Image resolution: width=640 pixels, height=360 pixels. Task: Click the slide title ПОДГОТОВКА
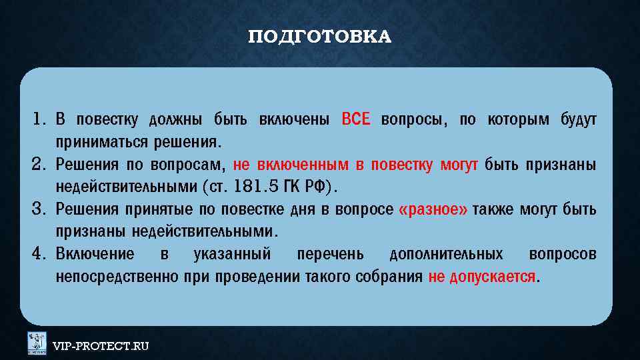click(319, 37)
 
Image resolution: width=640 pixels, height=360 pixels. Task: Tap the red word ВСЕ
click(355, 120)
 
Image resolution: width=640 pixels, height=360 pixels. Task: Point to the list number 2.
click(37, 165)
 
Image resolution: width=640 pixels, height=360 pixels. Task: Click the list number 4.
click(37, 255)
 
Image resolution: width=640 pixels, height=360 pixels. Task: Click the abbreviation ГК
click(290, 187)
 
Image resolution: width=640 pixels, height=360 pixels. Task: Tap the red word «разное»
click(433, 210)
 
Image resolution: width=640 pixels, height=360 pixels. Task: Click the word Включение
click(95, 255)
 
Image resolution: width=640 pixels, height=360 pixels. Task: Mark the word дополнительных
click(445, 255)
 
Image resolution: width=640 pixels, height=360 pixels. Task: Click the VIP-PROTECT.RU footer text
click(101, 346)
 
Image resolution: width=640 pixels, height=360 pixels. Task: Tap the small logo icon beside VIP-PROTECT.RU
click(37, 343)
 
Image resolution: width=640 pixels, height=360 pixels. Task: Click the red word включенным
click(300, 165)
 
